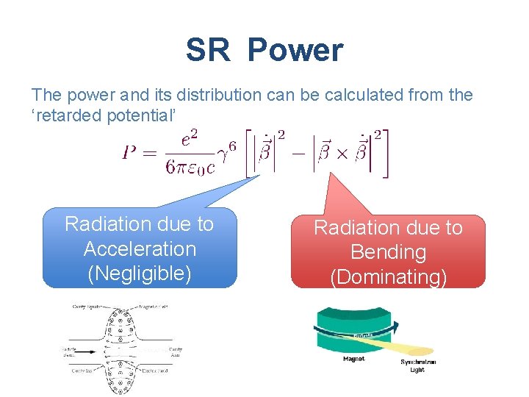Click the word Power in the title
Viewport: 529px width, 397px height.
[295, 51]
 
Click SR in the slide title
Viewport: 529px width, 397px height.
[208, 51]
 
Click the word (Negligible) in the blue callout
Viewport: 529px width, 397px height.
[140, 273]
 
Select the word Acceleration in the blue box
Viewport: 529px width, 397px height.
[140, 248]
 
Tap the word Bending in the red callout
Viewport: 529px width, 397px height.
[388, 252]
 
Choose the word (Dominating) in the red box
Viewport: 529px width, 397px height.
[388, 276]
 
